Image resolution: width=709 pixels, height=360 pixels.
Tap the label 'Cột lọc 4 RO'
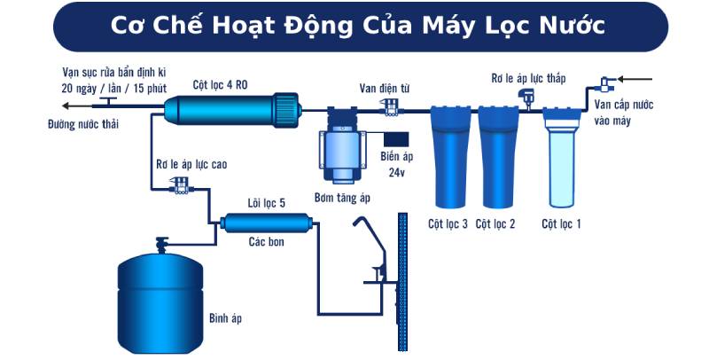click(x=222, y=84)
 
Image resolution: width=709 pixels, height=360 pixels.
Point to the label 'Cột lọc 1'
click(x=562, y=223)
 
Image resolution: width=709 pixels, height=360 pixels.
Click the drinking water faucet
click(x=371, y=249)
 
